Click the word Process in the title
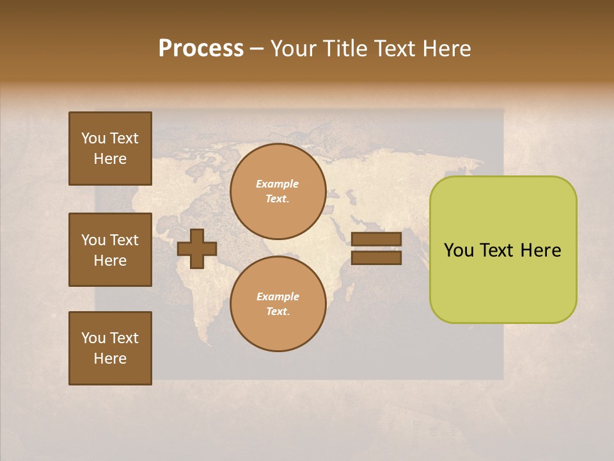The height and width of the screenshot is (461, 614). click(201, 49)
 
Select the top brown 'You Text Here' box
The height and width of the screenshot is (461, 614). click(110, 149)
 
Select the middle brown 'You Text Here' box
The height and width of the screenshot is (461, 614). click(110, 250)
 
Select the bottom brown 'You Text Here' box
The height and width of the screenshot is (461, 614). click(110, 348)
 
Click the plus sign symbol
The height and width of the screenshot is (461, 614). click(197, 248)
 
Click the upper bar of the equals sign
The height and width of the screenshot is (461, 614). click(376, 239)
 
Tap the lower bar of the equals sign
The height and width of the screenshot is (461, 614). click(376, 257)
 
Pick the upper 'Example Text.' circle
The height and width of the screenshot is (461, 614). click(278, 191)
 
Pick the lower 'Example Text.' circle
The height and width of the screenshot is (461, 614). click(278, 304)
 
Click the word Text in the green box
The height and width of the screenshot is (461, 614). click(496, 250)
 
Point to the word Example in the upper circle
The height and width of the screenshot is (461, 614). click(278, 184)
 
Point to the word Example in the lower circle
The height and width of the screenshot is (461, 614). click(278, 297)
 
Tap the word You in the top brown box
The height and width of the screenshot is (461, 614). click(93, 138)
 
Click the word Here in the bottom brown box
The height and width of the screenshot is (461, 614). click(110, 359)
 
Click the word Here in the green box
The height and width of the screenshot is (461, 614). click(540, 250)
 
